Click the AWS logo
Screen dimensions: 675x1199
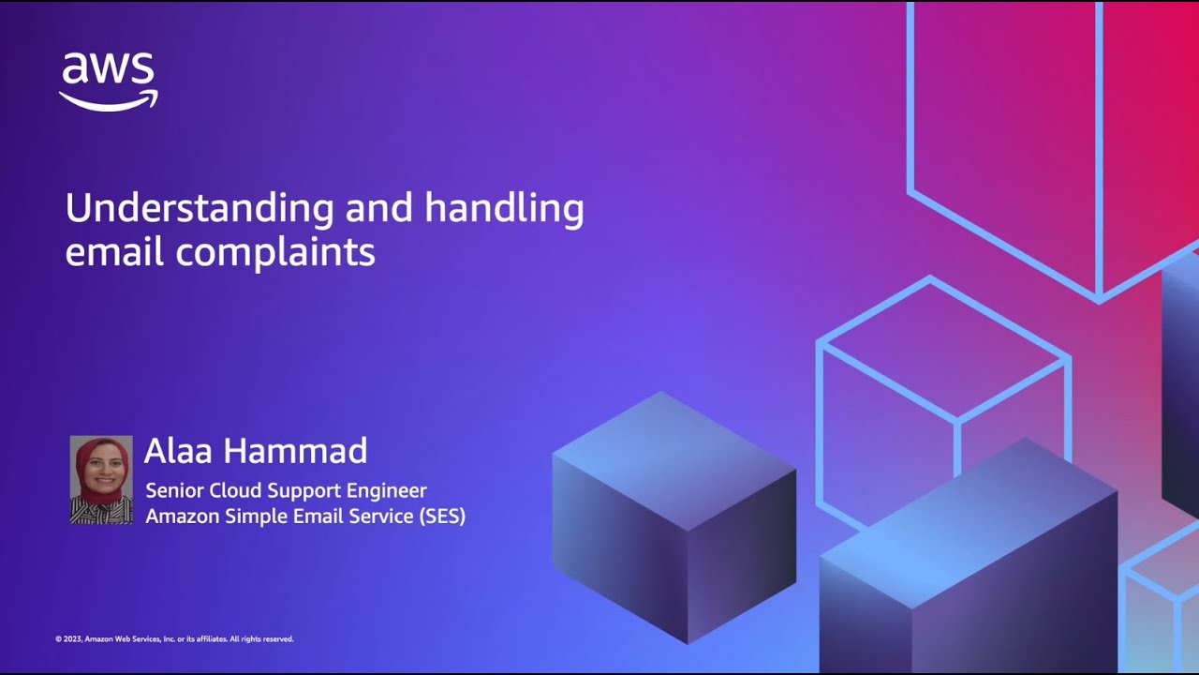click(109, 81)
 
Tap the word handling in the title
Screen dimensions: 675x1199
click(505, 208)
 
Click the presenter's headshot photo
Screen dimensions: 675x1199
click(101, 479)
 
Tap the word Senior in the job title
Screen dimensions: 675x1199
click(174, 490)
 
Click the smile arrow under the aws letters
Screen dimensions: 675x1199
click(109, 100)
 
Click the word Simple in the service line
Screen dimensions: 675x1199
click(260, 517)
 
